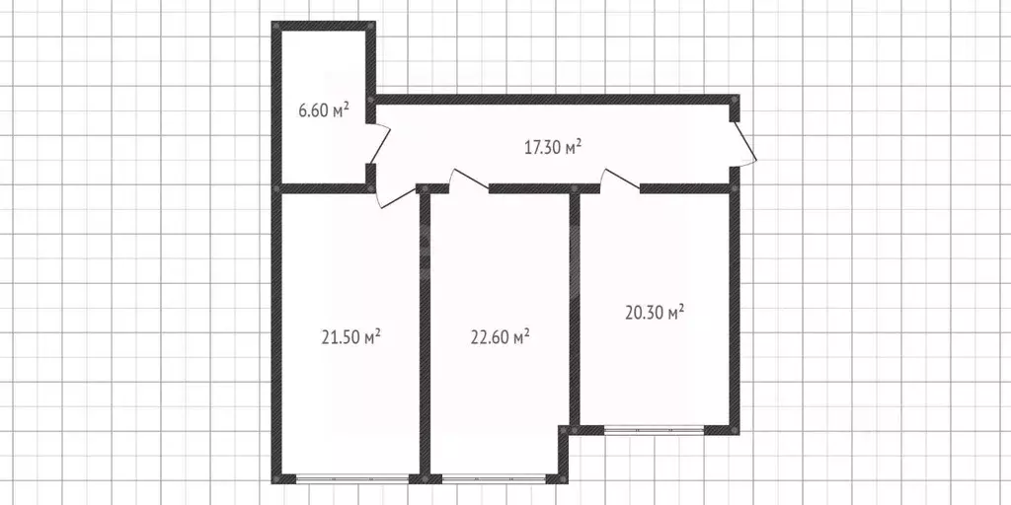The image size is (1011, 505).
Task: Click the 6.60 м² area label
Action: coord(324,110)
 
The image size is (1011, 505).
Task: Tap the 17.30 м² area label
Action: coord(553,148)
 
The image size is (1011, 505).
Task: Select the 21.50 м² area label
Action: coord(350,336)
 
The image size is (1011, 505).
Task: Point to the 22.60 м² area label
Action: coord(501,336)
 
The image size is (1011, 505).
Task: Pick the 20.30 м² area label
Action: coord(655,313)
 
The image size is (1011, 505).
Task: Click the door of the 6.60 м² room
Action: coord(380,144)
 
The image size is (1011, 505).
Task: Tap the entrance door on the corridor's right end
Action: coord(745,144)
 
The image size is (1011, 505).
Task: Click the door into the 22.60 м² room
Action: coord(469,180)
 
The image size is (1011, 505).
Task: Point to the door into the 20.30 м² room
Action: coord(620,180)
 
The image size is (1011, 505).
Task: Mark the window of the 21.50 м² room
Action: coord(352,478)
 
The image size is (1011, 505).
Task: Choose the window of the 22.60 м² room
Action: coord(494,478)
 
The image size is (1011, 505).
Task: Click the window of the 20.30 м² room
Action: coord(654,430)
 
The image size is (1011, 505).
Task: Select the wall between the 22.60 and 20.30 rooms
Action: coord(575,308)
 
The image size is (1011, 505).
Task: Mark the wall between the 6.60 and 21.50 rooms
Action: coord(323,188)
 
